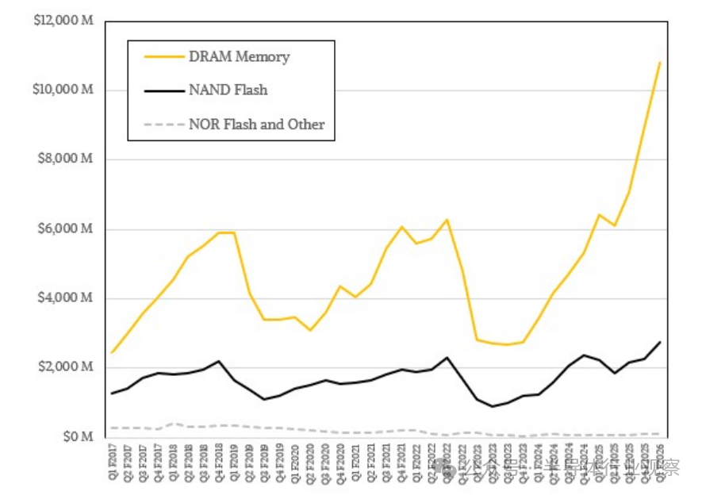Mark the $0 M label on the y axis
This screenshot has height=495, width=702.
78,437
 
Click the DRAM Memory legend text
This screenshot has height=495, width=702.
239,57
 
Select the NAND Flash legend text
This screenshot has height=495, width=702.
228,90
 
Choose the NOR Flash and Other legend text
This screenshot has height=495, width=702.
256,124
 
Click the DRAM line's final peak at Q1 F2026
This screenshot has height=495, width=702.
660,62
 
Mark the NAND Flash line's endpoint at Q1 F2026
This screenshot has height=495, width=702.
660,342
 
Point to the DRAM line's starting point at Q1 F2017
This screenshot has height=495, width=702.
113,352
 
